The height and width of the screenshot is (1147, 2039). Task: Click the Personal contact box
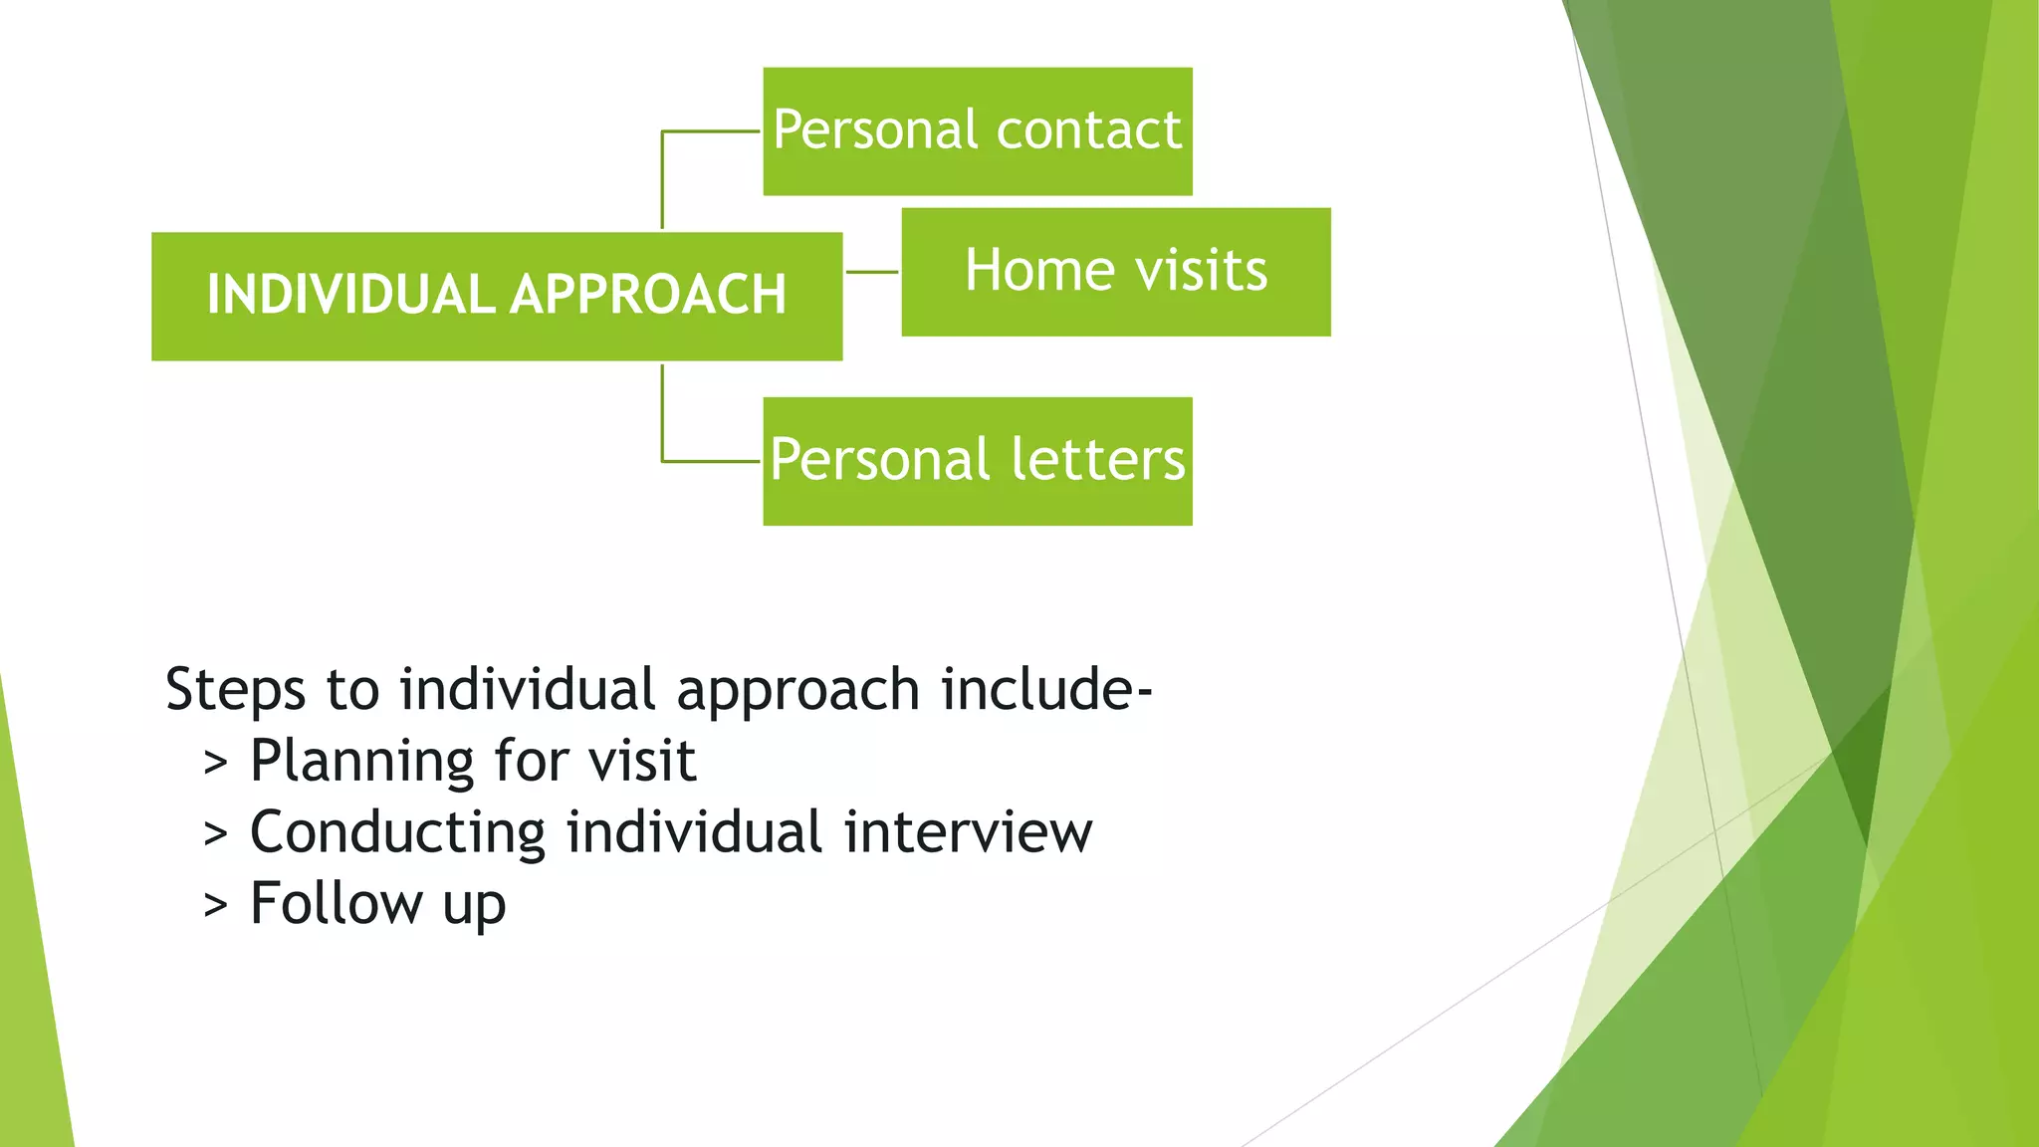(x=977, y=131)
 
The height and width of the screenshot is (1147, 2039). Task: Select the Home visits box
(x=1115, y=272)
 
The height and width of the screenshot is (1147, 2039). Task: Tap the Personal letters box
(x=977, y=461)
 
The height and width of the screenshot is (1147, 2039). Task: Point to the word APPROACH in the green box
(x=648, y=295)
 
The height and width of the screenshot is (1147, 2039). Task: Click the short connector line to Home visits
(x=872, y=272)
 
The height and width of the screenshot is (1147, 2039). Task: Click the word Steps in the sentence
(x=235, y=689)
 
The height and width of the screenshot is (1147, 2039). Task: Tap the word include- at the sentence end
(x=1046, y=689)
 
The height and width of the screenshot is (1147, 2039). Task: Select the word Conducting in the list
(x=397, y=832)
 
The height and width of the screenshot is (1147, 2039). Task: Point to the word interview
(x=968, y=832)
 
